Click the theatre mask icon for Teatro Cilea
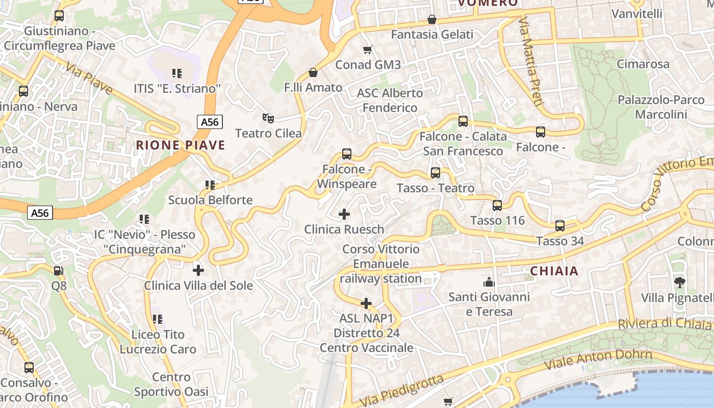(268, 118)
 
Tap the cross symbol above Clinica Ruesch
(344, 214)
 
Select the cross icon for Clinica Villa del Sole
(198, 270)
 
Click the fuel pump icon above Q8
(59, 270)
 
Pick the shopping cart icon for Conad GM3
(367, 49)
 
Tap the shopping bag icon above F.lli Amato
(313, 72)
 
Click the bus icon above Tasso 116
(497, 206)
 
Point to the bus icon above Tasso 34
(559, 225)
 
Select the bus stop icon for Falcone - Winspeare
(347, 154)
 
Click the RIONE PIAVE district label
(180, 145)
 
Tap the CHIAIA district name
(554, 271)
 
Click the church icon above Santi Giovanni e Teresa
(489, 282)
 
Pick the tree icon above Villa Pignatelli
(679, 282)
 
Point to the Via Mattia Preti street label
(530, 61)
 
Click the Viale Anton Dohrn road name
(598, 360)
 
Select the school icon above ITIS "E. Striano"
(177, 73)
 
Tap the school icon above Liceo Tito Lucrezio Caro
(157, 319)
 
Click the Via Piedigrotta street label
(401, 392)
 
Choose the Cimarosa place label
(643, 64)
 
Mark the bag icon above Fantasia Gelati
(432, 19)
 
